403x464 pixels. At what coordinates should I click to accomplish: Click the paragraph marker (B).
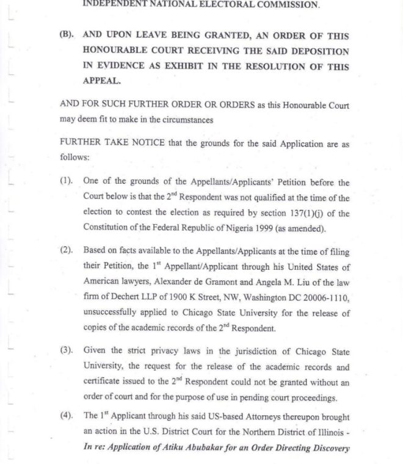tap(67, 35)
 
